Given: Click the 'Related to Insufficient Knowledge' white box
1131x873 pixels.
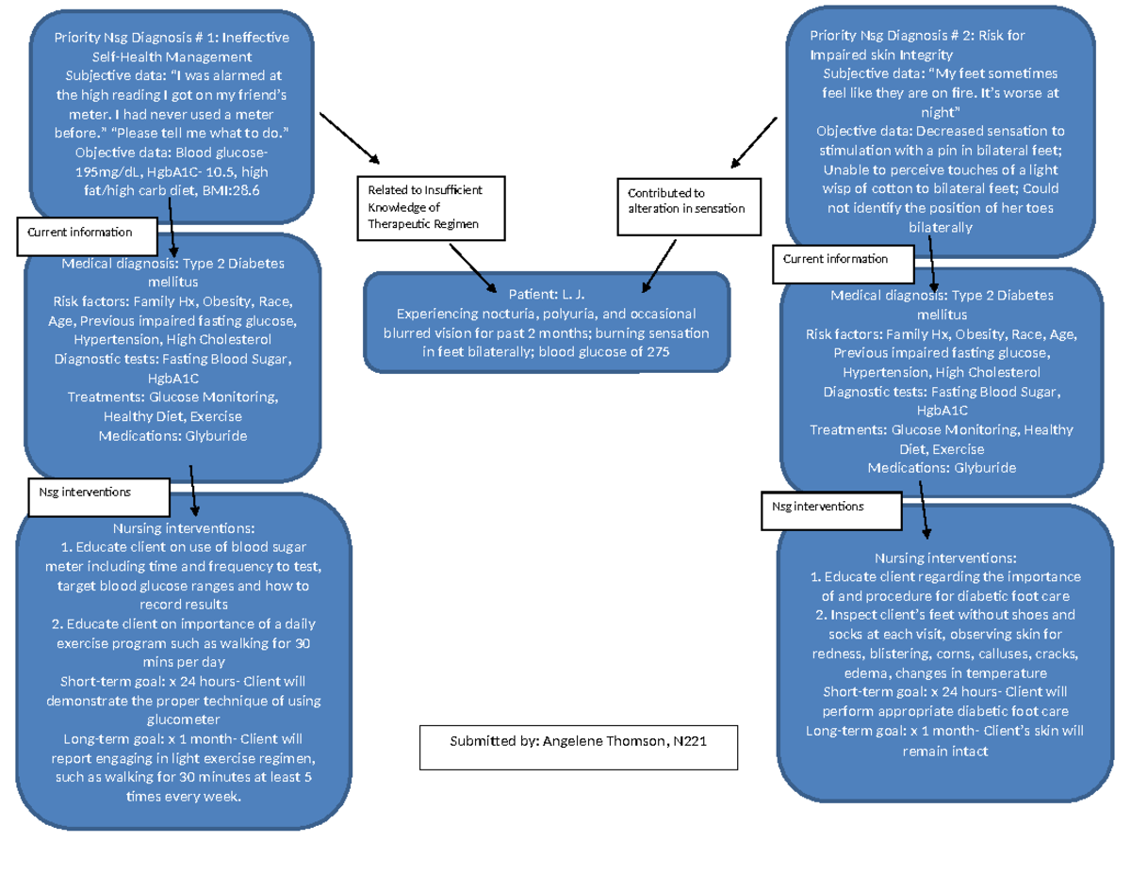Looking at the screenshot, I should pyautogui.click(x=432, y=207).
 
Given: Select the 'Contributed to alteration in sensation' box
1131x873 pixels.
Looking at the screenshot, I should pyautogui.click(x=686, y=201).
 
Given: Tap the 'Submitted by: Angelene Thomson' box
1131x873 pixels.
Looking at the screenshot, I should pyautogui.click(x=579, y=748).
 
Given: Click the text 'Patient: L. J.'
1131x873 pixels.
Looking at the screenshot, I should pyautogui.click(x=547, y=294).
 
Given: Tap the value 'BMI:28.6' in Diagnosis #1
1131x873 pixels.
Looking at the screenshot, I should pyautogui.click(x=232, y=190).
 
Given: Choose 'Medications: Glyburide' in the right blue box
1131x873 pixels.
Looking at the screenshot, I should pyautogui.click(x=942, y=467).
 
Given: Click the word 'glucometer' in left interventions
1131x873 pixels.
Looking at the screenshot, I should pyautogui.click(x=184, y=719).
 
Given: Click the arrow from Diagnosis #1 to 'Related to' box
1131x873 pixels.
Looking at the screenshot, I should pyautogui.click(x=348, y=139).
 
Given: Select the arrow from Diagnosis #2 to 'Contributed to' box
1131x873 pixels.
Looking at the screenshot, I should pyautogui.click(x=752, y=140).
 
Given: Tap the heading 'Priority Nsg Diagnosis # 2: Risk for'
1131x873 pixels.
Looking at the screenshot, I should pyautogui.click(x=916, y=36).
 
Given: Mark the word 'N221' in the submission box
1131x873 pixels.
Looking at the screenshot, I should pyautogui.click(x=690, y=741).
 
